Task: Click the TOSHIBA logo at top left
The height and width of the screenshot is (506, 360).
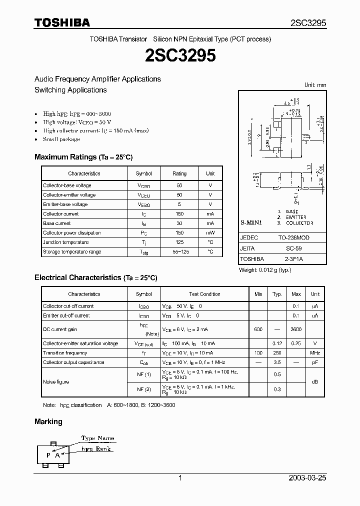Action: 62,22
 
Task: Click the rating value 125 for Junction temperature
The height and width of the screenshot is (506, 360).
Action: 179,242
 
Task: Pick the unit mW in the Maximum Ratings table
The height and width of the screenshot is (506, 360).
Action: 210,233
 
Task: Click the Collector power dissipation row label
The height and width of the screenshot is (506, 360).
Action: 72,233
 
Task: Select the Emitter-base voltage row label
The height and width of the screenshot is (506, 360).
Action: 65,204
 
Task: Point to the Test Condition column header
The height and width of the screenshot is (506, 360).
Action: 204,294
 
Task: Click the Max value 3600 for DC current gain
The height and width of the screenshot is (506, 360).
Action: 296,330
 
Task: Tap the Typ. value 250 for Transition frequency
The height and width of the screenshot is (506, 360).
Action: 277,353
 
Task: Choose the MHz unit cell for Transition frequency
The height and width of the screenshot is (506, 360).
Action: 315,353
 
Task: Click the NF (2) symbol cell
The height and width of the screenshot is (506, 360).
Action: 144,389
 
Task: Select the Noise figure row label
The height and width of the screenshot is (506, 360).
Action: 56,382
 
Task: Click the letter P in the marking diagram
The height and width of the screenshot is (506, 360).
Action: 48,455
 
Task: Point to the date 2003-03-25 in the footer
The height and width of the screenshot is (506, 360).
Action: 307,478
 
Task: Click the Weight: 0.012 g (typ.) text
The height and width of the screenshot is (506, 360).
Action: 265,270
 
